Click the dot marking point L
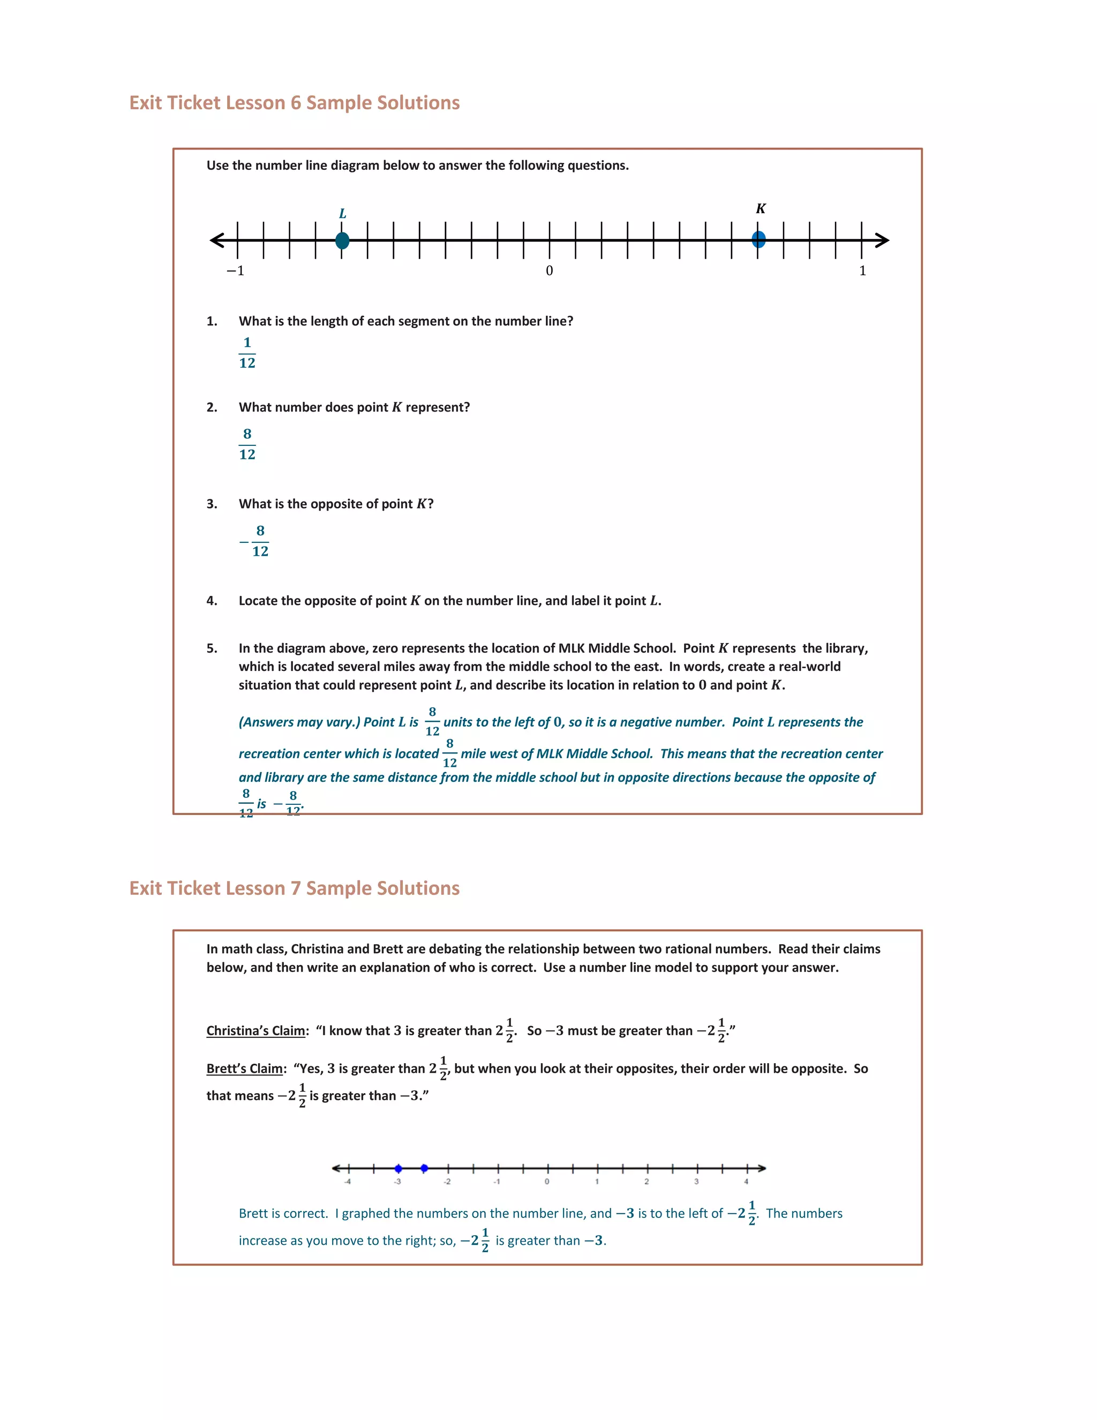(342, 241)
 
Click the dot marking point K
(758, 240)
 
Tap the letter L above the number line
(342, 214)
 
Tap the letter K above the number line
(761, 208)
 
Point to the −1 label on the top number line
(235, 271)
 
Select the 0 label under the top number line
(549, 271)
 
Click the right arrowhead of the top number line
(881, 241)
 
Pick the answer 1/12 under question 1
(247, 353)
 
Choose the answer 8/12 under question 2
(247, 444)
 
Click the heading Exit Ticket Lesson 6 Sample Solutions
(295, 103)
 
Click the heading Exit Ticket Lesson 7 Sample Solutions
(295, 888)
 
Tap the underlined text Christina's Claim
(256, 1030)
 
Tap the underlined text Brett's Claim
(244, 1068)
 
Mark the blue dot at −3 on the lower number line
(399, 1168)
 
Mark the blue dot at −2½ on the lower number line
(424, 1168)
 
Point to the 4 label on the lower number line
(746, 1182)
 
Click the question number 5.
(212, 648)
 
